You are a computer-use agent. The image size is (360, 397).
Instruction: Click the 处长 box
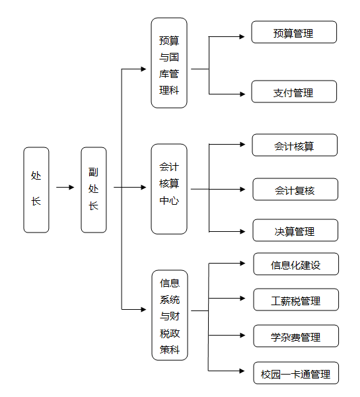(36, 190)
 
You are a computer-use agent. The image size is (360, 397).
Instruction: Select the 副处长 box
(94, 190)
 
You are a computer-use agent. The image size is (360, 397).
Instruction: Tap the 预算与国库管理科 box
(169, 63)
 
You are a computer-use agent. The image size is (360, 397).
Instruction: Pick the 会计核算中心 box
(169, 189)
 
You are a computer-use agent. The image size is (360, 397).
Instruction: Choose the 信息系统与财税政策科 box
(170, 315)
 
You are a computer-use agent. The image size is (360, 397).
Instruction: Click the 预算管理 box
(294, 32)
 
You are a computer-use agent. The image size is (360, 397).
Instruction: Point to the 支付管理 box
(294, 92)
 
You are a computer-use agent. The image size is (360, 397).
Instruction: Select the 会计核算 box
(295, 145)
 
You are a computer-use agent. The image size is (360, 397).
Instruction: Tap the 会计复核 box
(295, 190)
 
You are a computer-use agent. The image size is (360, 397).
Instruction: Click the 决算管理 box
(295, 231)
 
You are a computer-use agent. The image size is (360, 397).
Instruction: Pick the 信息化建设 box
(296, 264)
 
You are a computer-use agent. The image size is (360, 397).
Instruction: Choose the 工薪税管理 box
(296, 299)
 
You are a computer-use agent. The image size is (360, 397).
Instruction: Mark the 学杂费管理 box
(296, 336)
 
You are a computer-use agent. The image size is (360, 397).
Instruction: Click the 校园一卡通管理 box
(296, 373)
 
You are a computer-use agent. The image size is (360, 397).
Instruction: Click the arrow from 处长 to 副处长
(65, 188)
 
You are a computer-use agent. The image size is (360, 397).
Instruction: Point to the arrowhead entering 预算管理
(242, 37)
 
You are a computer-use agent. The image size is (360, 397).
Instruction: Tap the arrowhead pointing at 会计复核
(242, 189)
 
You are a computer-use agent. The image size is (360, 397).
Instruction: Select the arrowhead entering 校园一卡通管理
(242, 371)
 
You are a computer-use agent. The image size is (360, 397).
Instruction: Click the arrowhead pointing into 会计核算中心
(143, 188)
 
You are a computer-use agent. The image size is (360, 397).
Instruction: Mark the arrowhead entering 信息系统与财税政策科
(143, 309)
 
